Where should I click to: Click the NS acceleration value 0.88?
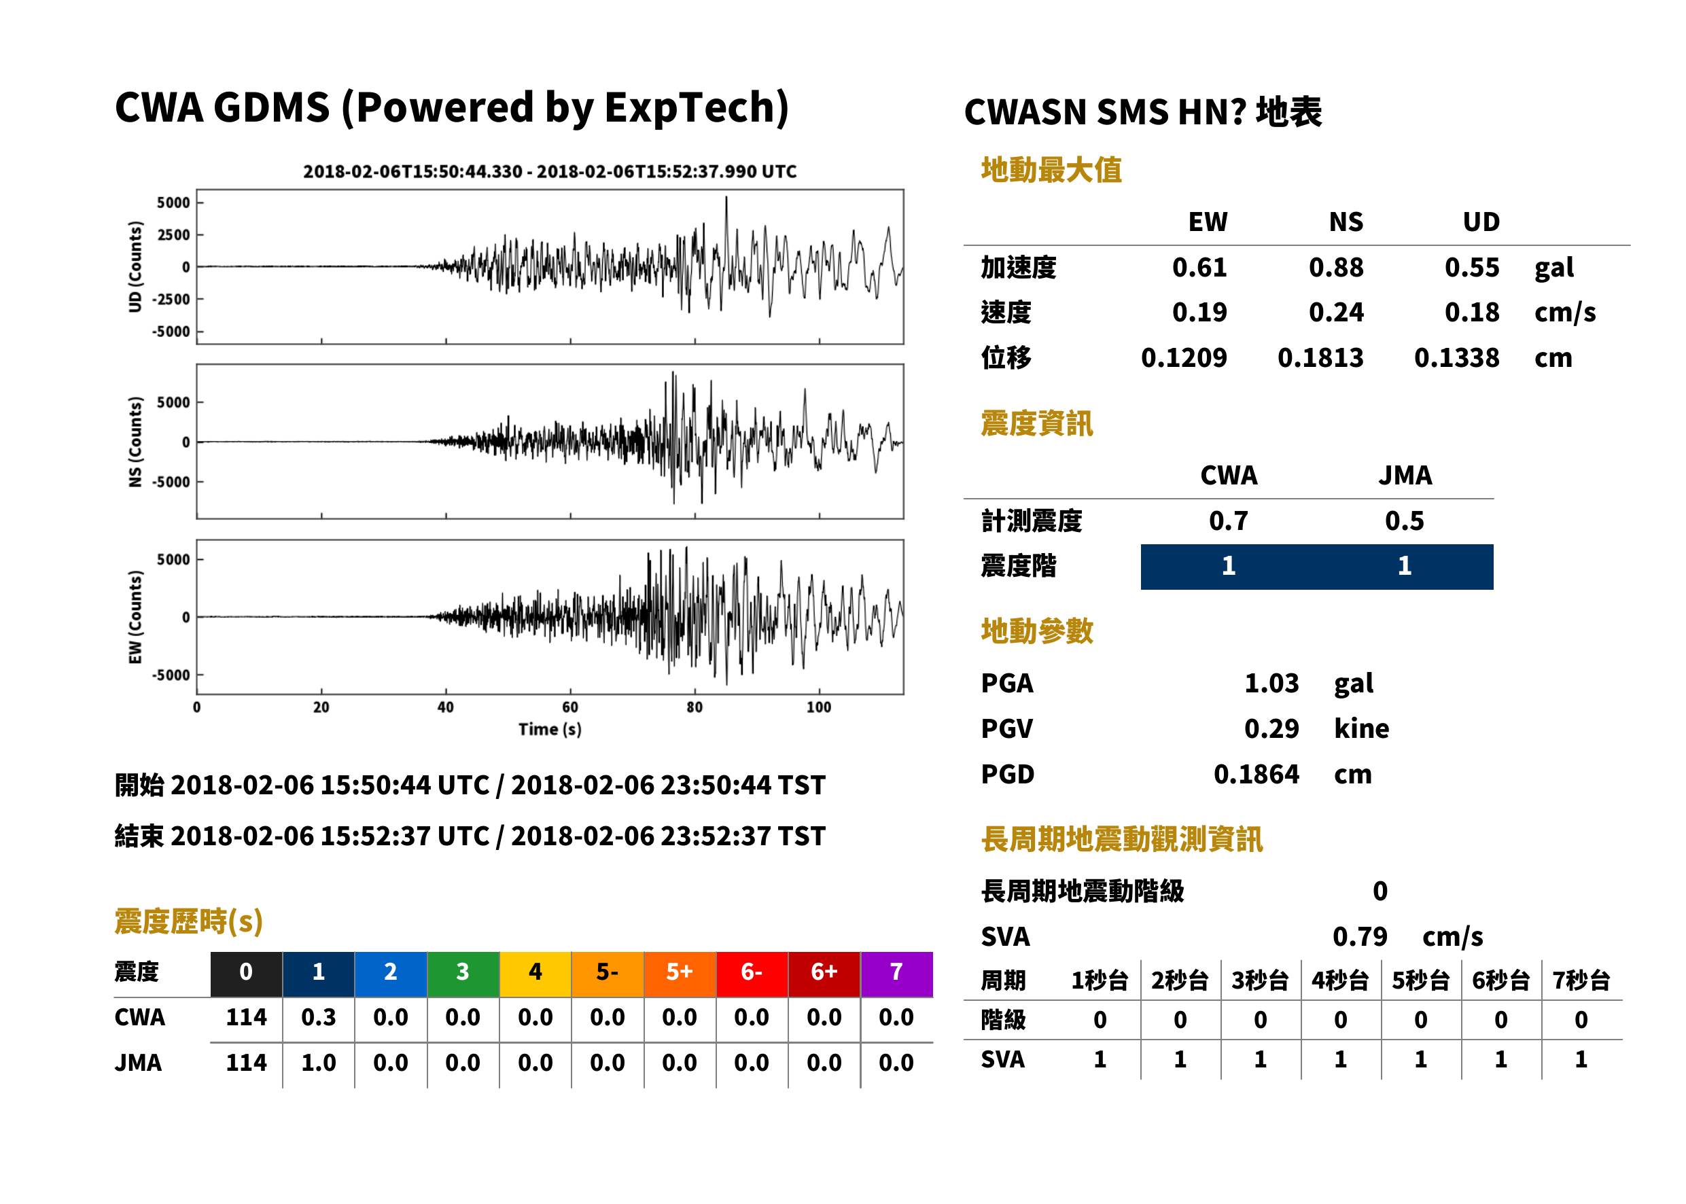coord(1335,268)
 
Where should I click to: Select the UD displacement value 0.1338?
coord(1456,358)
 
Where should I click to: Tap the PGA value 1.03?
coord(1271,683)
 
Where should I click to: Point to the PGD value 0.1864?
coord(1256,774)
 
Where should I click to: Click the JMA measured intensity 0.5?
coord(1404,521)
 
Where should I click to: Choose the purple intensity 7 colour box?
coord(896,974)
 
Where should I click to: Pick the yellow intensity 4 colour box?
coord(535,974)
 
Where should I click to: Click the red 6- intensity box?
coord(752,974)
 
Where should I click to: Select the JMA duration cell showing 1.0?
coord(318,1063)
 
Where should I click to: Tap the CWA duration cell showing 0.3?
coord(318,1017)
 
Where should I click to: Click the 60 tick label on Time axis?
coord(570,707)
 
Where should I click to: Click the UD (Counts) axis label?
coord(135,267)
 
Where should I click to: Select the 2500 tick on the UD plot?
coord(173,235)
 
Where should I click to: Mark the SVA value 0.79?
coord(1360,937)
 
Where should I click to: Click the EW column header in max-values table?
coord(1208,222)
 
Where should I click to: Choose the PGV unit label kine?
coord(1361,729)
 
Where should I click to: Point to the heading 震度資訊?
coord(1036,424)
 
